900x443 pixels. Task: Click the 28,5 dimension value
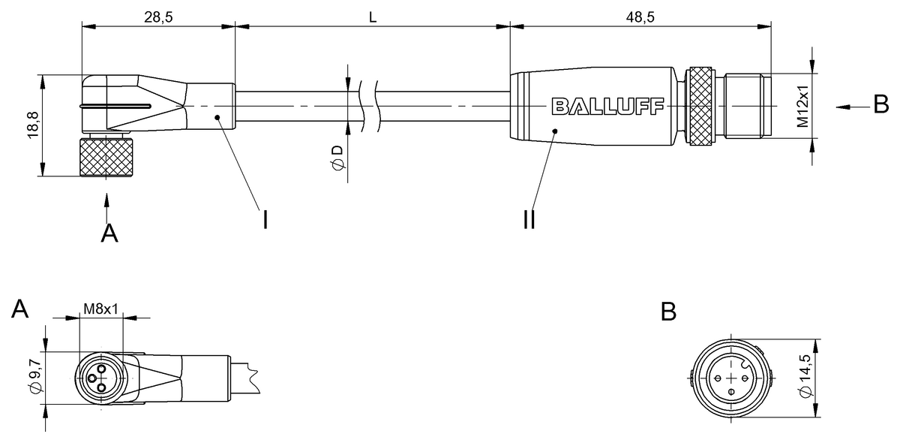(x=158, y=17)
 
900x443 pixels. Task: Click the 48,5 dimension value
(x=640, y=17)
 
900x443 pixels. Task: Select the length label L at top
(x=373, y=17)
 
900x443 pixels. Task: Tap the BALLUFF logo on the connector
(x=607, y=107)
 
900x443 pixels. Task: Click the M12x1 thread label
(x=802, y=106)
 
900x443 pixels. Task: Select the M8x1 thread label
(x=100, y=309)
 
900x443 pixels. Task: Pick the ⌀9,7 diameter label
(x=36, y=377)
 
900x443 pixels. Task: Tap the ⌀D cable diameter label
(x=337, y=158)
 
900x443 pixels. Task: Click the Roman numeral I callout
(x=265, y=220)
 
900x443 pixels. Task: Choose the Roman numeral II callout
(x=529, y=220)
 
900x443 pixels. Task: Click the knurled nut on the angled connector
(x=106, y=157)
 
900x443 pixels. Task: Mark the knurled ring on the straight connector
(x=700, y=106)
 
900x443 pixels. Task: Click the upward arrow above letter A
(x=106, y=208)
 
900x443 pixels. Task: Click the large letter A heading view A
(x=20, y=309)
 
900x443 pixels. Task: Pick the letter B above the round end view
(x=668, y=312)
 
